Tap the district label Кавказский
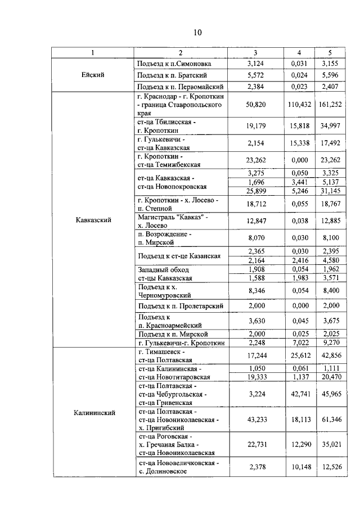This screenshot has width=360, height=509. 93,220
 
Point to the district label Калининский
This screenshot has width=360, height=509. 93,412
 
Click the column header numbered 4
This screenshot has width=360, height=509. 299,52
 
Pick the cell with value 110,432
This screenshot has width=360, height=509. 299,105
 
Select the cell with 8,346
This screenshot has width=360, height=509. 256,290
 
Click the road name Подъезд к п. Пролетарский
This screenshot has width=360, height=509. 181,305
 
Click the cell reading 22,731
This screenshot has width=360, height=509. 256,444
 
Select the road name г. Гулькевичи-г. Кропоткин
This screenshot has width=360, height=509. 181,343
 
